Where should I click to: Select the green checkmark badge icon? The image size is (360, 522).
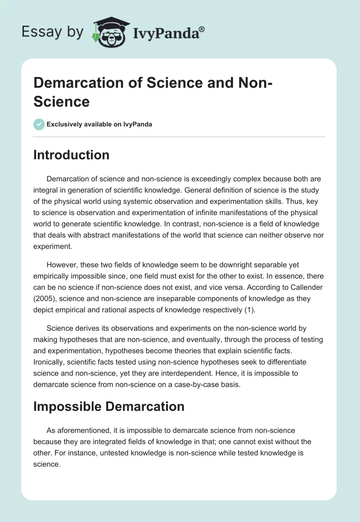click(x=39, y=124)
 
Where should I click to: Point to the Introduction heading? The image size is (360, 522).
click(x=72, y=155)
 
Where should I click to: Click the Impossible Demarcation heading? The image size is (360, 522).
click(x=109, y=406)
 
